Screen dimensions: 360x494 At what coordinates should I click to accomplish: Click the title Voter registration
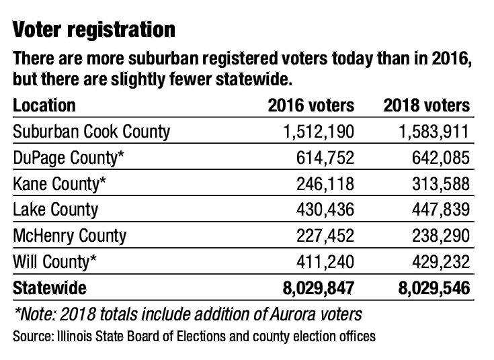(94, 30)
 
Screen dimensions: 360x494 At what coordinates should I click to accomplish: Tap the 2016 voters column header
(311, 105)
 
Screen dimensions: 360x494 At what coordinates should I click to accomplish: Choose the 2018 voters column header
(426, 105)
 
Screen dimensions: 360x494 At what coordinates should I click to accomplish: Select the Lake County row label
(55, 209)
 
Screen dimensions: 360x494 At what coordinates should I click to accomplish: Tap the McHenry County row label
(69, 235)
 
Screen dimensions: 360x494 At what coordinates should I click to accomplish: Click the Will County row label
(58, 261)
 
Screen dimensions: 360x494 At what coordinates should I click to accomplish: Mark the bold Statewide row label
(50, 288)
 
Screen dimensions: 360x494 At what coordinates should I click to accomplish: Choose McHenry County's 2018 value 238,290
(438, 235)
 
